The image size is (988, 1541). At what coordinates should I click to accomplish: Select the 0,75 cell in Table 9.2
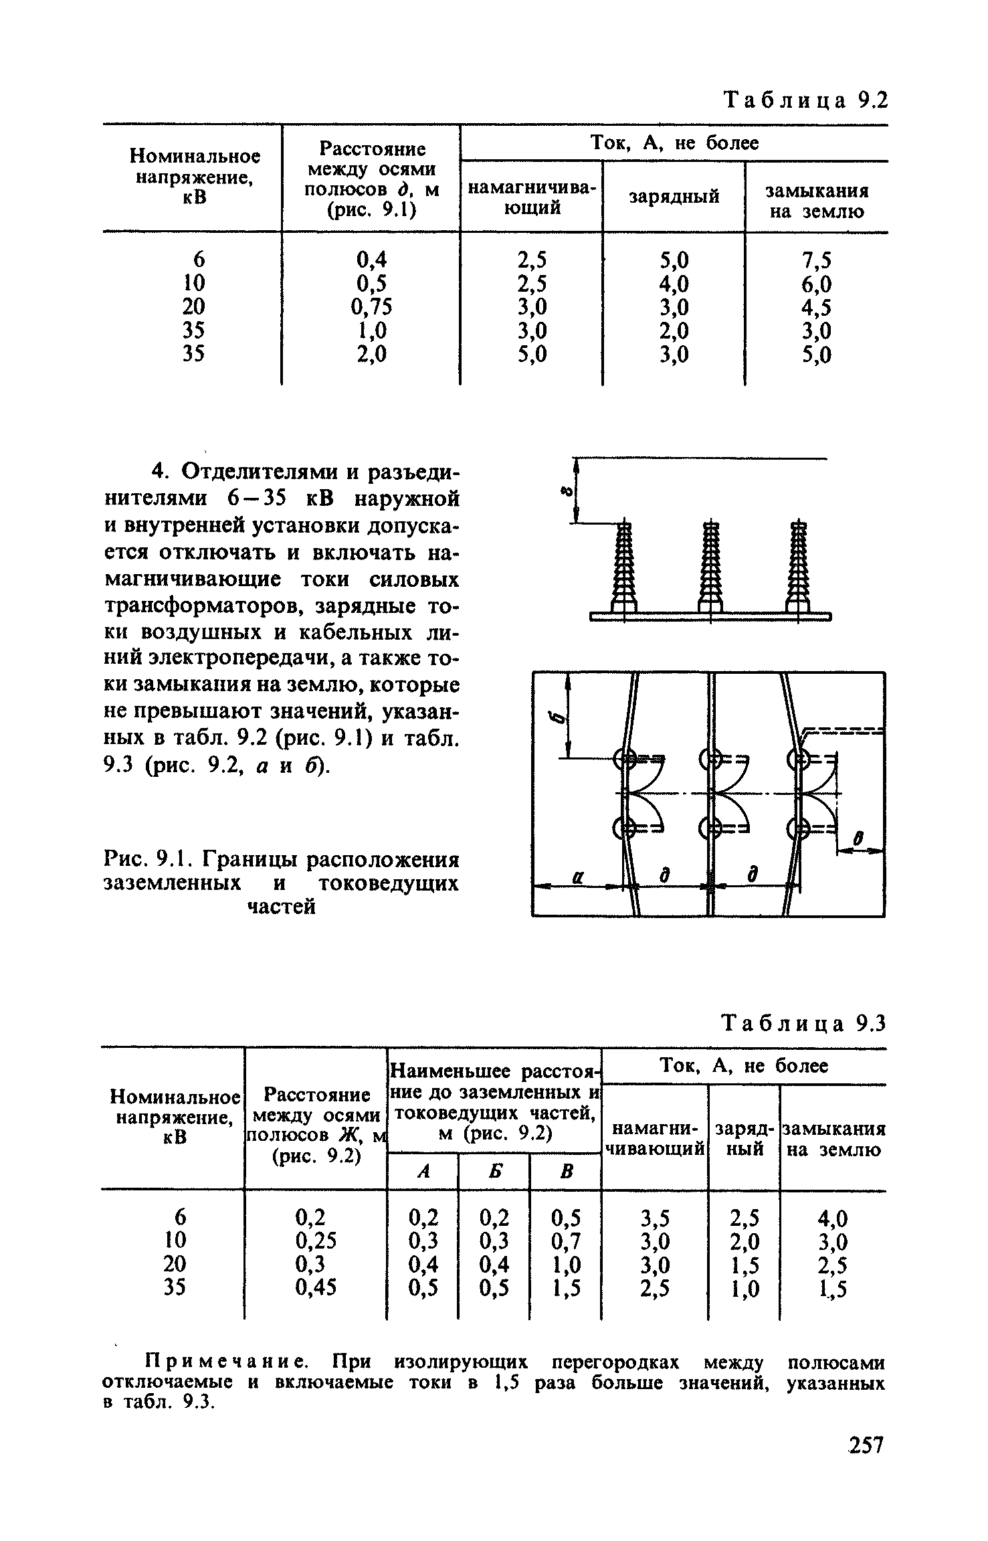click(x=371, y=306)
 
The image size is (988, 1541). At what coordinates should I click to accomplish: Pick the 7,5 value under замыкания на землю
click(x=817, y=259)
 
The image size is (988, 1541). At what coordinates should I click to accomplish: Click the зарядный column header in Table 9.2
click(x=674, y=197)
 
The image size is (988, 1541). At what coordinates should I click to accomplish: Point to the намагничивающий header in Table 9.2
click(x=530, y=198)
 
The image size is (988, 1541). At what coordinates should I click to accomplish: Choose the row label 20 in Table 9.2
click(x=194, y=306)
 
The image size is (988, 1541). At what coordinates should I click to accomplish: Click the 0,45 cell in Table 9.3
click(x=316, y=1287)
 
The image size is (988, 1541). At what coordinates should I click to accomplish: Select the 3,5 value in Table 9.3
click(x=655, y=1217)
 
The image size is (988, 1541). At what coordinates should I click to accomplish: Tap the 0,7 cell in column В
click(x=566, y=1241)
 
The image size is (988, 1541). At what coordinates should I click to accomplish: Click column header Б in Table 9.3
click(x=494, y=1171)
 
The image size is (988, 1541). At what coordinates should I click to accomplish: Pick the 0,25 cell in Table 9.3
click(x=316, y=1241)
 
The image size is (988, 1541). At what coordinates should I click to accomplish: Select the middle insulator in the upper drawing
click(x=710, y=565)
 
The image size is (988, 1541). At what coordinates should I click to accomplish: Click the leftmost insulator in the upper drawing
click(x=623, y=565)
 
